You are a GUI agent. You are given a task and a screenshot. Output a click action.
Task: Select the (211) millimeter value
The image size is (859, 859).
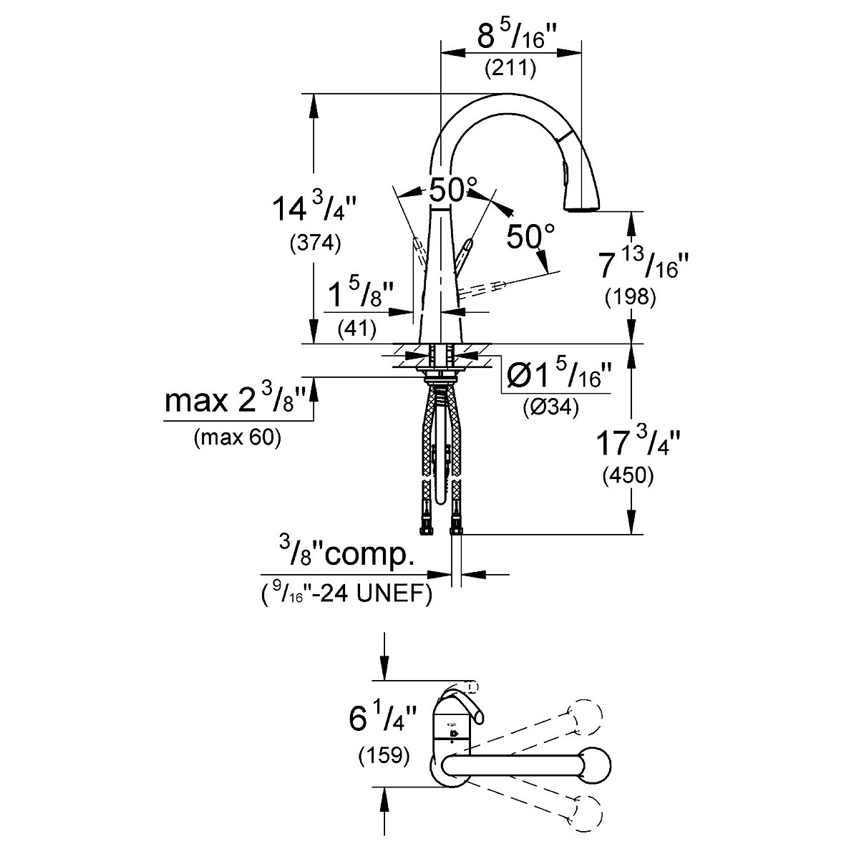pyautogui.click(x=510, y=68)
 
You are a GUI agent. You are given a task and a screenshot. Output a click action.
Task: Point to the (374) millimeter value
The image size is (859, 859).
pyautogui.click(x=315, y=243)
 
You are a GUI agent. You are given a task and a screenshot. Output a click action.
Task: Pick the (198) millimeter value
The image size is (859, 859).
pyautogui.click(x=631, y=297)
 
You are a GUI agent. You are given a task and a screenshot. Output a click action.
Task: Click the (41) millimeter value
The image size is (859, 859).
pyautogui.click(x=356, y=329)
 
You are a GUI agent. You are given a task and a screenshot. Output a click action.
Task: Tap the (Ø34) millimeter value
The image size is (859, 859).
pyautogui.click(x=551, y=407)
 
